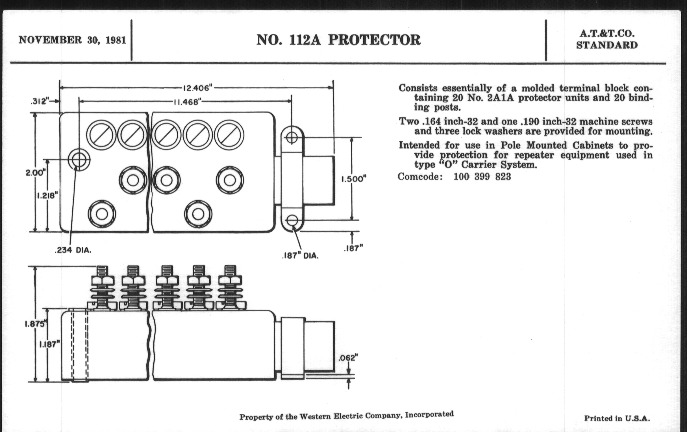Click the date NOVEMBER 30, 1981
click(72, 40)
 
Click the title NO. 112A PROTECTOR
click(338, 40)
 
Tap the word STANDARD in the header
click(607, 45)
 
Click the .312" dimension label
click(40, 101)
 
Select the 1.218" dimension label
click(47, 196)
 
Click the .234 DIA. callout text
click(73, 251)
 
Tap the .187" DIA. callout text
click(300, 256)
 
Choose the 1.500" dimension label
click(354, 179)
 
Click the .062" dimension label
click(348, 358)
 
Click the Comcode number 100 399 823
click(482, 177)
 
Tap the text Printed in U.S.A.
click(617, 418)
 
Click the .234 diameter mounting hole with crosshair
click(79, 160)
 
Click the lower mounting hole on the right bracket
click(292, 221)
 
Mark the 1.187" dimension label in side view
click(49, 345)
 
